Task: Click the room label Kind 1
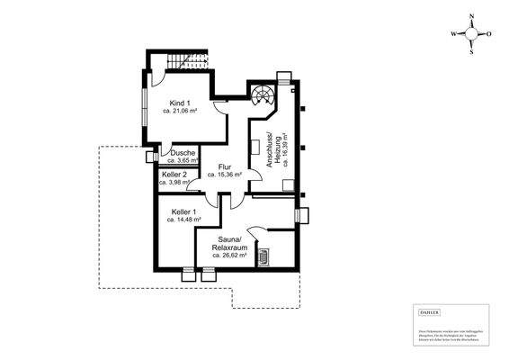[x=180, y=104]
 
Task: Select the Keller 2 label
[x=174, y=174]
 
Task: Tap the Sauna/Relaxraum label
[x=229, y=244]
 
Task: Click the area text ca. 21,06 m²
[x=180, y=112]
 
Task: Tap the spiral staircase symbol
[x=264, y=96]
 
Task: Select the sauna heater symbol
[x=264, y=257]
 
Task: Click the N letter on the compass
[x=473, y=16]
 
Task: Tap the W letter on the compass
[x=455, y=34]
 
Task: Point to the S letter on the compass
[x=473, y=52]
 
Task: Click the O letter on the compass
[x=491, y=34]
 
